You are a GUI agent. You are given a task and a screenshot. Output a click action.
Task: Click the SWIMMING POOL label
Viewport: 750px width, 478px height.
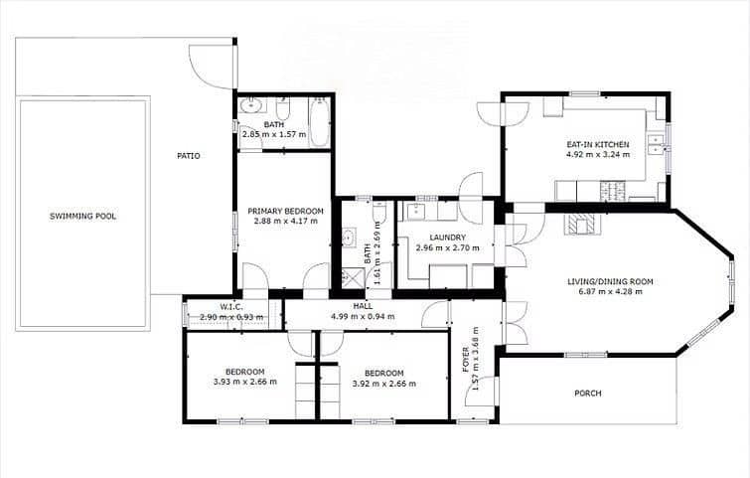pos(83,216)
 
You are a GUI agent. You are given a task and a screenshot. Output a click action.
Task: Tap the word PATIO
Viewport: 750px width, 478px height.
pos(189,156)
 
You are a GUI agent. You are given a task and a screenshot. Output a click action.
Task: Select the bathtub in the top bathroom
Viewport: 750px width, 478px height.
pos(318,121)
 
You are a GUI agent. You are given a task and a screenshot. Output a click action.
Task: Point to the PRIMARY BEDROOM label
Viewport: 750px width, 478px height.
pos(285,211)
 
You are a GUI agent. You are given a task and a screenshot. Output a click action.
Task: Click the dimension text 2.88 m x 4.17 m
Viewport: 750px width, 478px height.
pos(285,221)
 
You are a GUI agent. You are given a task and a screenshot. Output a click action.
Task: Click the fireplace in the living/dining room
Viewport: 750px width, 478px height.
pos(583,225)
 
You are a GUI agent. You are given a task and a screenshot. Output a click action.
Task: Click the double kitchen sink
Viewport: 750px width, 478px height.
pos(656,146)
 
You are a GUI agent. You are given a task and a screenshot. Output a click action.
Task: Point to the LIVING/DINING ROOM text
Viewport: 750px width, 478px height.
pos(610,282)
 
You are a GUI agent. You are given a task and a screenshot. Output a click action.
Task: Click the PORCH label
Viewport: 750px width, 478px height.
pos(588,394)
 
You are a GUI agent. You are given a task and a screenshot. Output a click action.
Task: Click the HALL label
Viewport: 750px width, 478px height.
pos(363,306)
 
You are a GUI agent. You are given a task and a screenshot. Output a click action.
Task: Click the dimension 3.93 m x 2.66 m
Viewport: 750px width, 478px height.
pos(244,381)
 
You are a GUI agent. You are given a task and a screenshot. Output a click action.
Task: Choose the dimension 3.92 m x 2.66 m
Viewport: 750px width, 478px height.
pos(384,381)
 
